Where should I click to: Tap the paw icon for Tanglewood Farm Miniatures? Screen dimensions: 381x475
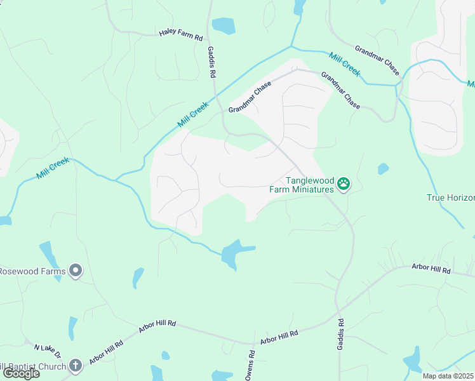(344, 184)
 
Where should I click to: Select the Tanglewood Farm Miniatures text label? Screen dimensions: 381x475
(310, 185)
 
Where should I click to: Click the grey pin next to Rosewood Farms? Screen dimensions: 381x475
(76, 271)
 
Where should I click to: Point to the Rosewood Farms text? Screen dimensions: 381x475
(32, 272)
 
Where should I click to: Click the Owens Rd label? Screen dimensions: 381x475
(251, 366)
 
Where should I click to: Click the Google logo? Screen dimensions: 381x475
(21, 373)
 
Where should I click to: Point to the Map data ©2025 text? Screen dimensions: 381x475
(448, 376)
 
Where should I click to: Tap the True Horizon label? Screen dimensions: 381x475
(450, 198)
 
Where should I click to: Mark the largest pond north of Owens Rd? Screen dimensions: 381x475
(234, 252)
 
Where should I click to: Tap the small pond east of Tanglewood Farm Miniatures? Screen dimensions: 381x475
(382, 169)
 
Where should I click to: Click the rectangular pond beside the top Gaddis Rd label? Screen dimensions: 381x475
(224, 26)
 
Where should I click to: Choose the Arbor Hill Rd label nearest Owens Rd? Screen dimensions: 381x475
(279, 336)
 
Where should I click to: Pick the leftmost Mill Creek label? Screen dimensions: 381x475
(53, 167)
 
